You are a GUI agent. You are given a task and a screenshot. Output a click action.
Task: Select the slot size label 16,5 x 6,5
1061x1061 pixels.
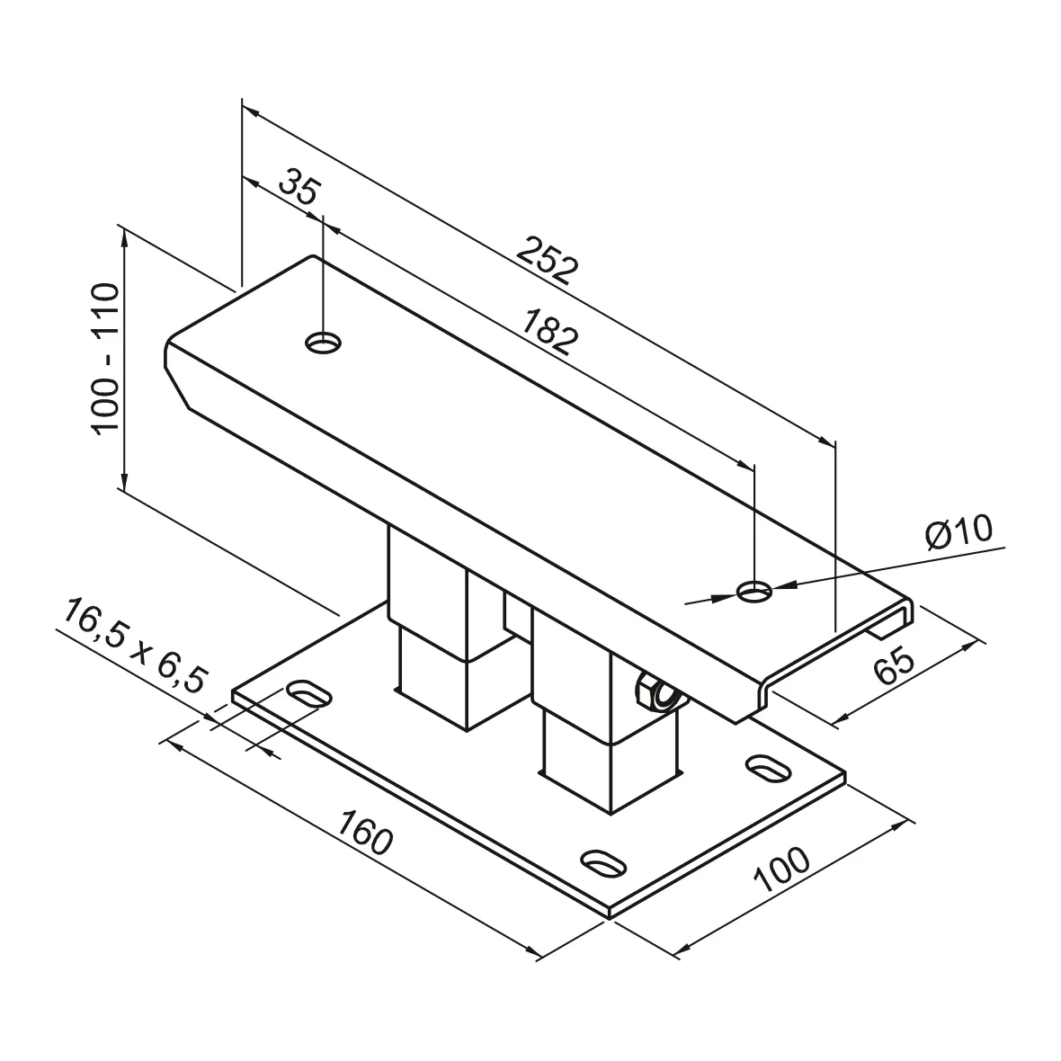click(132, 646)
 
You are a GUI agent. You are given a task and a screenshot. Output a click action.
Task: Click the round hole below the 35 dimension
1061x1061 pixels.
click(324, 342)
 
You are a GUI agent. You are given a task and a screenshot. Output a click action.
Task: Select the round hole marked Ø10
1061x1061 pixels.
click(754, 592)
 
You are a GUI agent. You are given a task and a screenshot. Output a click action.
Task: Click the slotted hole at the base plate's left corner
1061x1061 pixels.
click(307, 693)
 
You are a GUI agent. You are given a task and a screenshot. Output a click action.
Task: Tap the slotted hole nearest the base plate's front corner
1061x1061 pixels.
click(603, 860)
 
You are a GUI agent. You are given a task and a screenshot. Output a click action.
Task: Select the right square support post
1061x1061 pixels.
click(584, 710)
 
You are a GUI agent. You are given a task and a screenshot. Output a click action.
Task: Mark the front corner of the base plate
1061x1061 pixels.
click(610, 914)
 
